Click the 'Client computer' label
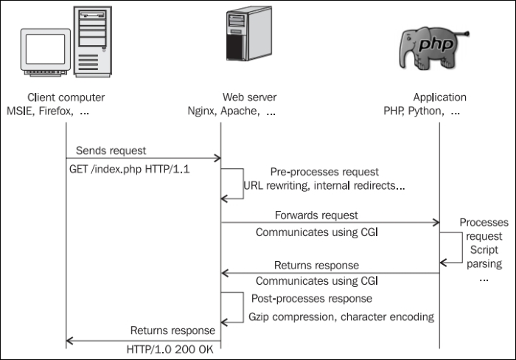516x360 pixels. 66,97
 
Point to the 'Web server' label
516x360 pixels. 239,97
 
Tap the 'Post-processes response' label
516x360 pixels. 312,300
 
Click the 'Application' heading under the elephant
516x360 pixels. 439,97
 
